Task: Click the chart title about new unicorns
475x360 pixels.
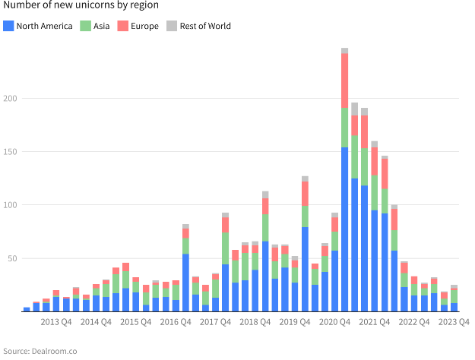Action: coord(80,5)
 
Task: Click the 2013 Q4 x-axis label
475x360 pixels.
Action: coord(56,322)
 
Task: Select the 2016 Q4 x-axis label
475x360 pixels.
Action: coord(175,322)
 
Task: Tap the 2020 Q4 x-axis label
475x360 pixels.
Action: coord(334,322)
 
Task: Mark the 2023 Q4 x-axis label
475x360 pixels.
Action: coord(454,322)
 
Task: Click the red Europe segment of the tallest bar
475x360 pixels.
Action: coord(345,81)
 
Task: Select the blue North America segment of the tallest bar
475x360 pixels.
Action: coord(345,228)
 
